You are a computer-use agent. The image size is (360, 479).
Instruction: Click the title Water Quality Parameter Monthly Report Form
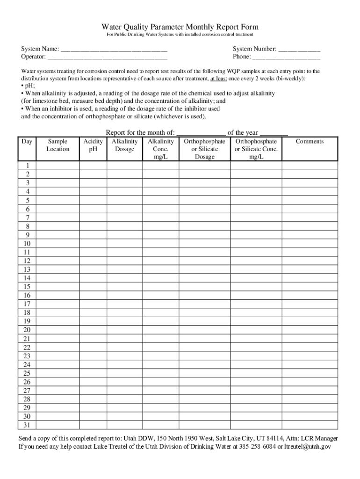[x=180, y=27]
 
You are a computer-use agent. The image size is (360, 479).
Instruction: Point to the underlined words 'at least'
[x=218, y=79]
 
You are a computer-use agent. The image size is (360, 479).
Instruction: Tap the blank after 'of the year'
[x=274, y=133]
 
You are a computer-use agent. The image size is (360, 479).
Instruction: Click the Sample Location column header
[x=58, y=145]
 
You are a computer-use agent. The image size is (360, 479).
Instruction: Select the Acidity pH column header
[x=93, y=145]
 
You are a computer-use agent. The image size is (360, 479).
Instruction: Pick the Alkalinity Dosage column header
[x=124, y=145]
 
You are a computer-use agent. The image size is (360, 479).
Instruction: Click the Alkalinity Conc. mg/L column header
[x=160, y=149]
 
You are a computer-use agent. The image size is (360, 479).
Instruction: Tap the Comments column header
[x=310, y=141]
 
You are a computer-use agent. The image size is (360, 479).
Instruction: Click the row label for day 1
[x=28, y=166]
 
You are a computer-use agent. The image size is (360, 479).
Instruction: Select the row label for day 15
[x=28, y=287]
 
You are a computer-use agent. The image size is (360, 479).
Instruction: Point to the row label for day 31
[x=28, y=425]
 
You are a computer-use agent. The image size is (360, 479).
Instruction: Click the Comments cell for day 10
[x=310, y=244]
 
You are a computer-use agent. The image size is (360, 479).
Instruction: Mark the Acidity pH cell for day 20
[x=93, y=330]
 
